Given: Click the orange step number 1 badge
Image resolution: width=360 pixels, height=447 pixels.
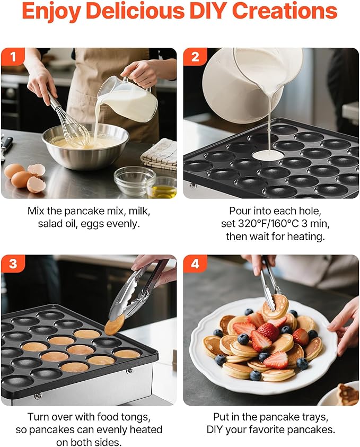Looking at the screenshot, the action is point(13,56).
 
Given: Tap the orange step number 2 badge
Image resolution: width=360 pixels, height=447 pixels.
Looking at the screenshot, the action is point(195,56).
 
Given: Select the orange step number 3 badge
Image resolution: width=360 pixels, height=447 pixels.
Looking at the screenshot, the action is point(13,264).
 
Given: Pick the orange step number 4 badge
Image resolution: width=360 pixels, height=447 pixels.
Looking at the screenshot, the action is point(195,264).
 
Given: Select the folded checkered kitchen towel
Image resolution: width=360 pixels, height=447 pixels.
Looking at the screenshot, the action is point(160,154).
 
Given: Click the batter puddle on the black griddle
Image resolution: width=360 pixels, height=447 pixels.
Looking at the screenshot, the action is point(268,155).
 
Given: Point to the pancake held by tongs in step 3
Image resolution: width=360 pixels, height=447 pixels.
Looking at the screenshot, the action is point(115,325).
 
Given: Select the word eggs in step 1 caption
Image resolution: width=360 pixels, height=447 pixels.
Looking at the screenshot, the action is point(92,224).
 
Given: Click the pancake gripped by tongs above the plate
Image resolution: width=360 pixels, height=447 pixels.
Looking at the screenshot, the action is point(275,306).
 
